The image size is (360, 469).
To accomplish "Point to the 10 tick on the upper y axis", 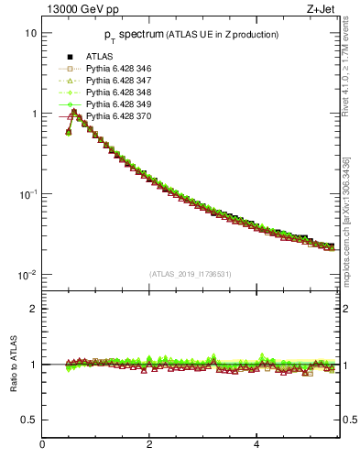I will [x=30, y=33].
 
